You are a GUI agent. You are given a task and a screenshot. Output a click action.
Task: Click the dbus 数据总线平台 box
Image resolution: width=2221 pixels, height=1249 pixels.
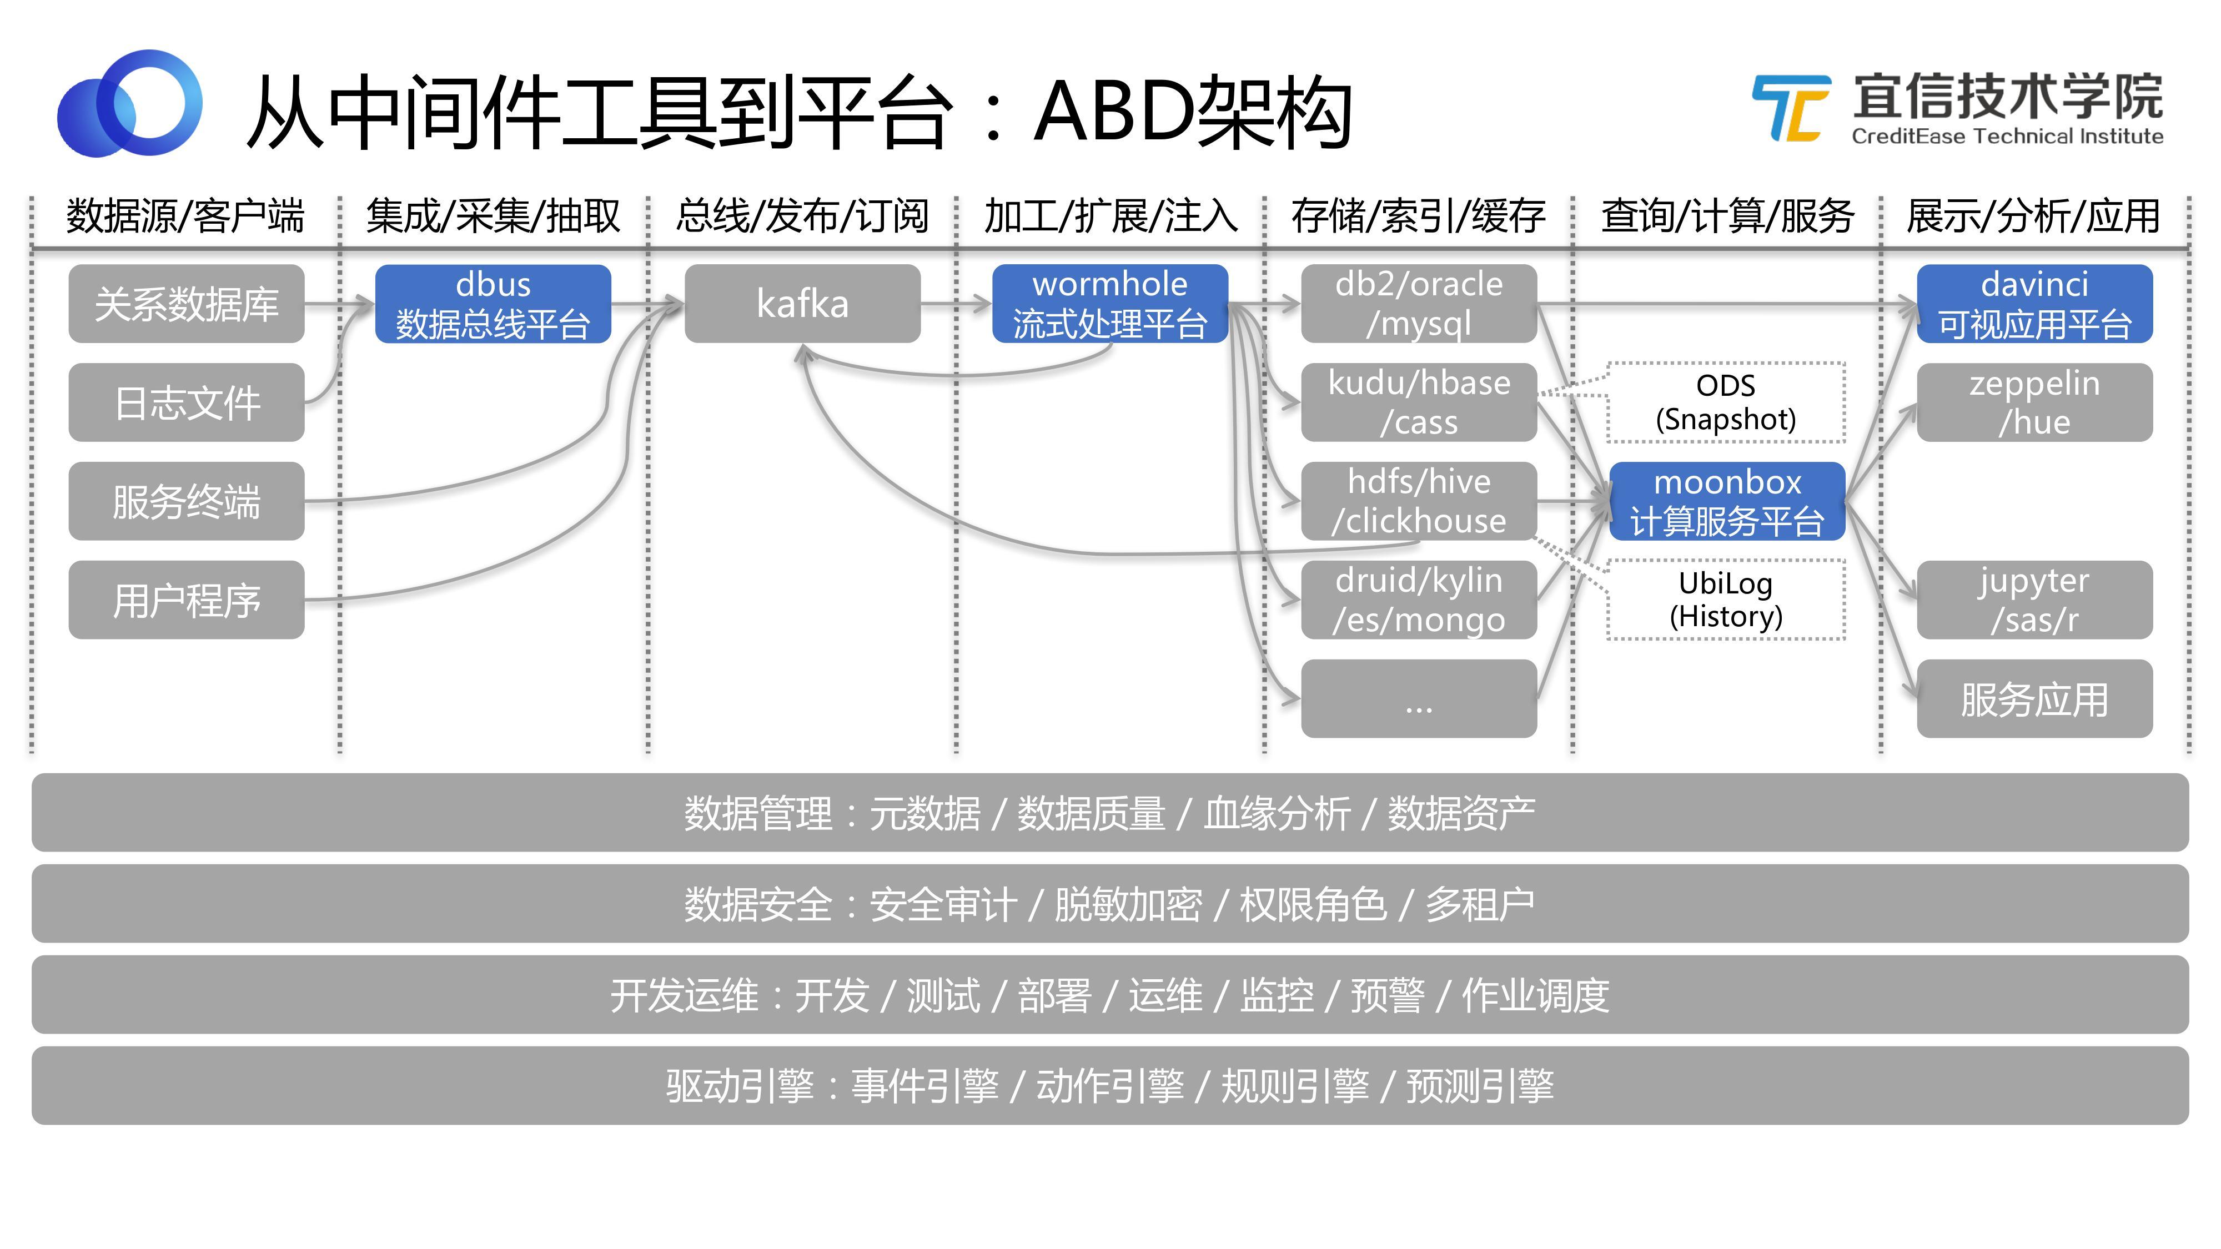[493, 304]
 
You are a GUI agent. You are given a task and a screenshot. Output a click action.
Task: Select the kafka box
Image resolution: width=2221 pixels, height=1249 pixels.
[802, 304]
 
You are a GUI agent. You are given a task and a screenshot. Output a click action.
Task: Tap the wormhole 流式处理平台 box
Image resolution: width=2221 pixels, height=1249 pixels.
[1109, 304]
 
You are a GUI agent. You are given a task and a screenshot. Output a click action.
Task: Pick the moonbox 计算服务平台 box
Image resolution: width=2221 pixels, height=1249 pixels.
[1726, 501]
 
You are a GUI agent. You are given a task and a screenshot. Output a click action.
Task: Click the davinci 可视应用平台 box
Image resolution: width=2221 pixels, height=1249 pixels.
[2034, 304]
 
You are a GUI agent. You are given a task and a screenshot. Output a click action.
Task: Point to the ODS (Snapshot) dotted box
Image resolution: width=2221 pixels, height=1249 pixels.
[1726, 402]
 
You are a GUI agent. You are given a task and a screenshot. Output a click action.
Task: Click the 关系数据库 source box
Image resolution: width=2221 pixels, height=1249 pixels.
[186, 304]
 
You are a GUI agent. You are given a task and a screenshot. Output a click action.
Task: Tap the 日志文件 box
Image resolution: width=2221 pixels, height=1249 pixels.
[186, 402]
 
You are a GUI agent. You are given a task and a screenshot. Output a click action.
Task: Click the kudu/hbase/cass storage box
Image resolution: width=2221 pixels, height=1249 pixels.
[1418, 402]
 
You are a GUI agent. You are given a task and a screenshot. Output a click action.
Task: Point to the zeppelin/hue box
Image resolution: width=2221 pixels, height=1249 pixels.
[2034, 402]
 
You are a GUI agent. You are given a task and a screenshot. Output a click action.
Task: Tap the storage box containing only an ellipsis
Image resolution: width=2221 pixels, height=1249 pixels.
[1418, 698]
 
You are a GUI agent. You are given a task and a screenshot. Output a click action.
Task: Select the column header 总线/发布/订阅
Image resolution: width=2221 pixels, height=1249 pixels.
[802, 215]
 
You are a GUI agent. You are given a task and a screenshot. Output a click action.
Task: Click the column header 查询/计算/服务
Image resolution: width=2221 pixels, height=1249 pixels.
[1727, 215]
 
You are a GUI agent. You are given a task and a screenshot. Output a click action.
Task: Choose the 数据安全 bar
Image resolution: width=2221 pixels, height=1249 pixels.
[1109, 903]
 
